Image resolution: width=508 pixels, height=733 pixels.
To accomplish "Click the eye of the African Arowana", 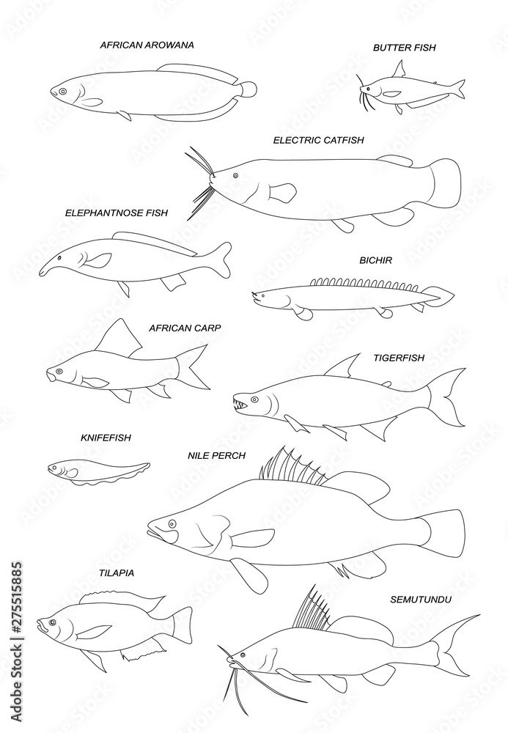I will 63,92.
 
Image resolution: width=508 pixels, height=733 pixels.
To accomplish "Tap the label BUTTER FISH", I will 404,48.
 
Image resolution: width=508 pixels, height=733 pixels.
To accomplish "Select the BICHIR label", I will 375,260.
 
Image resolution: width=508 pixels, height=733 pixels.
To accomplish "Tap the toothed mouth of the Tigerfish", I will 240,402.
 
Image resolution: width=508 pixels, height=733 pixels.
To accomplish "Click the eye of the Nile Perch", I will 172,523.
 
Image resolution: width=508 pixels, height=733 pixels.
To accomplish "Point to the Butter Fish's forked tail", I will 456,89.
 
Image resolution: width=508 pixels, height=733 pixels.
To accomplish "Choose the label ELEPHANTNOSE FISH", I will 116,213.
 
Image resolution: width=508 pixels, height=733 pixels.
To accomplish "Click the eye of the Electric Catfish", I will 235,176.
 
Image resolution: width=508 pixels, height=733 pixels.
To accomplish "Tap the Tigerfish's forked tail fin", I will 446,397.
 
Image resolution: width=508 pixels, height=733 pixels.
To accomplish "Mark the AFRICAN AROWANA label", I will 147,45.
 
